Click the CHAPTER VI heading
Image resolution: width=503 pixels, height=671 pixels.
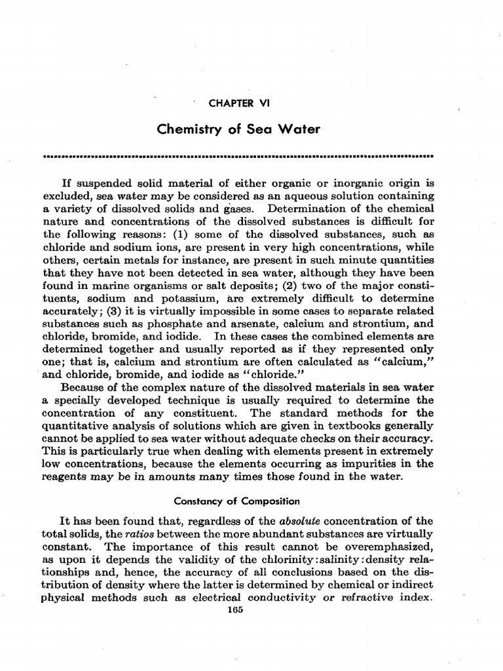[238, 104]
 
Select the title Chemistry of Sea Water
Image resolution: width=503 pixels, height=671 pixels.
[238, 129]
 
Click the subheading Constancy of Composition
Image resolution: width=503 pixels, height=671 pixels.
[236, 501]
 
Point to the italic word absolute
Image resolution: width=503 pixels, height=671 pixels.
[299, 522]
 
